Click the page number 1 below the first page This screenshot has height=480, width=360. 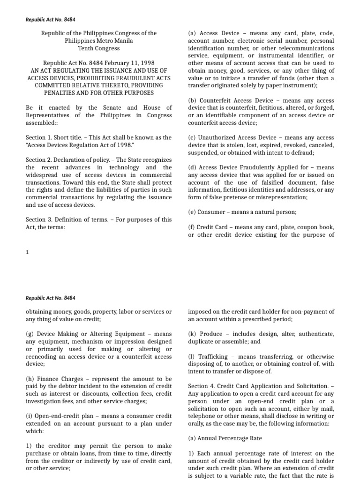pos(28,252)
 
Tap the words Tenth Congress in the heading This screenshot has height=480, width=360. pos(98,48)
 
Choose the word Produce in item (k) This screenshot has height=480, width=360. pos(211,334)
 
